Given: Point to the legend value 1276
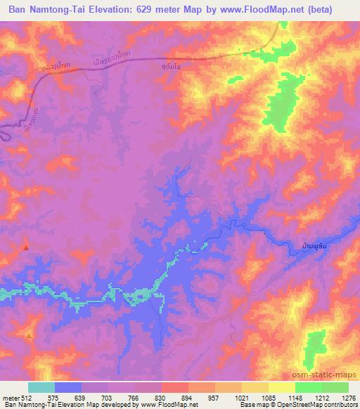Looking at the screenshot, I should click(x=348, y=398).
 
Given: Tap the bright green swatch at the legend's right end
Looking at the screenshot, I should click(x=335, y=387).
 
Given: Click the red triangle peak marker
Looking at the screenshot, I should click(x=26, y=247).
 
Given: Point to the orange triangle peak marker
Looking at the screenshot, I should click(x=29, y=336).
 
